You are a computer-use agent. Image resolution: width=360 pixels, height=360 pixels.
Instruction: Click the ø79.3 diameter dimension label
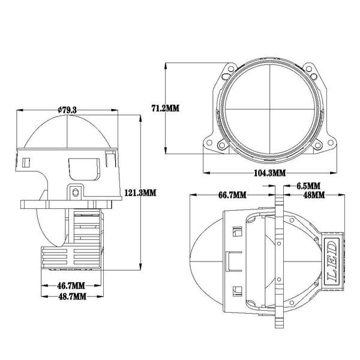[68, 109]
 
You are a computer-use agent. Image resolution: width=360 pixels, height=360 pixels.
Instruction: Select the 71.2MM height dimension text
[165, 108]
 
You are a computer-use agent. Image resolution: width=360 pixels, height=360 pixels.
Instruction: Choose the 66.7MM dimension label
[231, 194]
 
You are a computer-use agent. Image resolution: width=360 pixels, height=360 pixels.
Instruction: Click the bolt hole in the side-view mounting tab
[76, 193]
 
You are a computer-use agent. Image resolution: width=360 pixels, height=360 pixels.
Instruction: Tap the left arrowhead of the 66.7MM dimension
[191, 194]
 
